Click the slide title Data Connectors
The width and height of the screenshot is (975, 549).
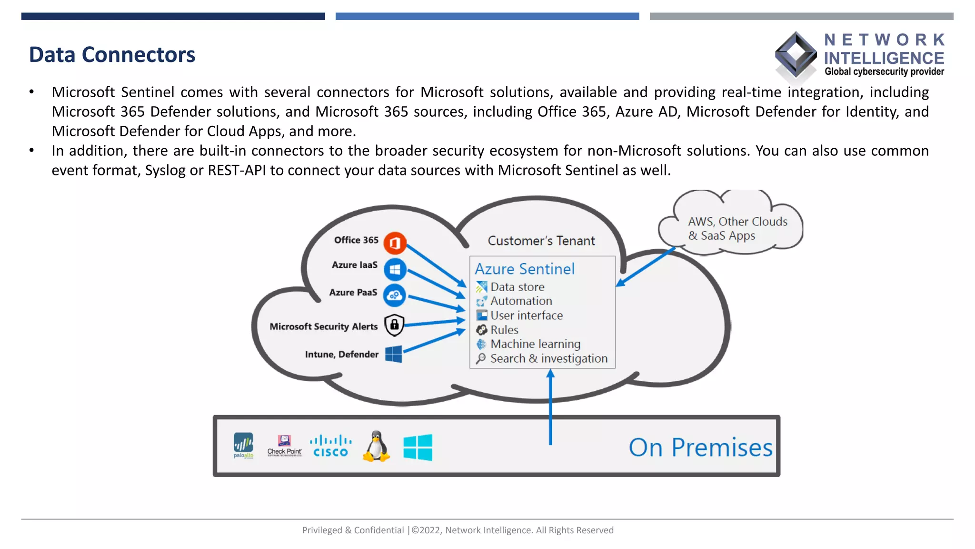click(112, 55)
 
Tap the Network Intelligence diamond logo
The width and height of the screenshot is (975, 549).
click(796, 55)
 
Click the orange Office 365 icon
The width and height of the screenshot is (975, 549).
click(395, 243)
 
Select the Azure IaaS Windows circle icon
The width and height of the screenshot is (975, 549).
click(395, 270)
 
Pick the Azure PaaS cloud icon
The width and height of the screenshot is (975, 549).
click(395, 295)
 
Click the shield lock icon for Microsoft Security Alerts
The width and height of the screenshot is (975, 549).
click(394, 325)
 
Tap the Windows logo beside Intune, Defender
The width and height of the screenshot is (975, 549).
click(394, 354)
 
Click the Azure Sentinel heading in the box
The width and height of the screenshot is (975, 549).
click(525, 269)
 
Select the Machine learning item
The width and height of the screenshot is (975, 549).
click(535, 344)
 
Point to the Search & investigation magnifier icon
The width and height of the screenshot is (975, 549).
click(481, 358)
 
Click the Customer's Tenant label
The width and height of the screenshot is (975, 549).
click(541, 241)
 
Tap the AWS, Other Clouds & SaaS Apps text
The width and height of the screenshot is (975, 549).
click(737, 229)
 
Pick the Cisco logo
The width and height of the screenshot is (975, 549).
click(330, 446)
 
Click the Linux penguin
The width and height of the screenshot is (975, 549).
click(377, 447)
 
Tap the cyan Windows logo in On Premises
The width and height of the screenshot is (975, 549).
click(418, 447)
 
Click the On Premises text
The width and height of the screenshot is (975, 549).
click(700, 447)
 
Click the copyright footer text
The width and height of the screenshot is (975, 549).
click(458, 530)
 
